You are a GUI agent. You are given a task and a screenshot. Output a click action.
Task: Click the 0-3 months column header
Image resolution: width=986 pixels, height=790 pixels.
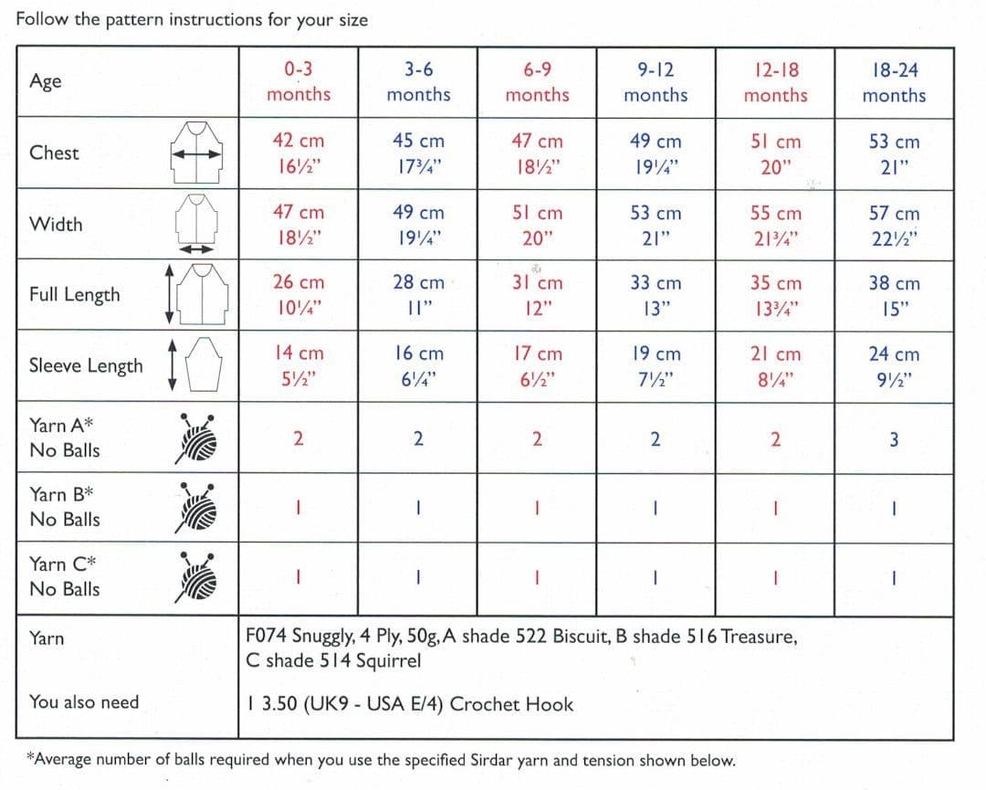pos(299,81)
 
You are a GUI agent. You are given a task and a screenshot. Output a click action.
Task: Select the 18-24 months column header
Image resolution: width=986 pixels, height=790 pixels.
pos(894,82)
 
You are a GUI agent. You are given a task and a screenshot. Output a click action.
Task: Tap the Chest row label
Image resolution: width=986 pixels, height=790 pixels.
pos(54,153)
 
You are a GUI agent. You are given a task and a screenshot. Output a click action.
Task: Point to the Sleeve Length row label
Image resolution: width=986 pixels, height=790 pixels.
pos(86,365)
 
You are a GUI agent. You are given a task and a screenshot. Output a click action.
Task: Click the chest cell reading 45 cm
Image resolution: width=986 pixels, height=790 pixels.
pos(418,142)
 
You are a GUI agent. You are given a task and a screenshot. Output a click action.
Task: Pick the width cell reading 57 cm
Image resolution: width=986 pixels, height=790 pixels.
pos(894,214)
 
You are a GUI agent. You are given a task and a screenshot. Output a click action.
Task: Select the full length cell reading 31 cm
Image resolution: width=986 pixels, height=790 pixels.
pos(537,284)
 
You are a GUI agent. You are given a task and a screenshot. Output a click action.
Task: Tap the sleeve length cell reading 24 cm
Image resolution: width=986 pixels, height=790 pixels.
pos(894,354)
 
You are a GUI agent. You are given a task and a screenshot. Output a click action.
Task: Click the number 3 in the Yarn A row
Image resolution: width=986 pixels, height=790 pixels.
pos(894,439)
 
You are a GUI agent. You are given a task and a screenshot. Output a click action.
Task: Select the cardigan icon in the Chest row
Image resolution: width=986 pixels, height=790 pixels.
pos(197,153)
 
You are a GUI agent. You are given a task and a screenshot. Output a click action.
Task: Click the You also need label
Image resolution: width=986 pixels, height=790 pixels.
pos(84,701)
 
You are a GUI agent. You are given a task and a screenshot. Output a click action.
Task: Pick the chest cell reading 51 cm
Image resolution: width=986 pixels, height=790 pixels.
pos(775,142)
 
